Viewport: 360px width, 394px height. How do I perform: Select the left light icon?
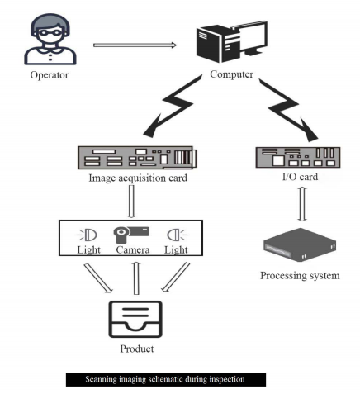[x=88, y=233]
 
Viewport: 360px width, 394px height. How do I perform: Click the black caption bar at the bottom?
[x=167, y=380]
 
